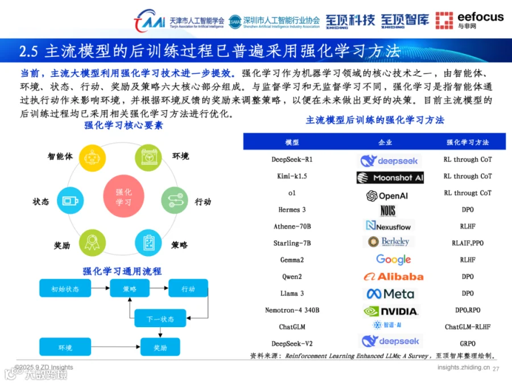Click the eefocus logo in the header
click(469, 20)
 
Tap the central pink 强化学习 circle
click(123, 197)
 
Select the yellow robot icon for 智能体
click(92, 158)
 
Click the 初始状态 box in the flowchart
click(65, 288)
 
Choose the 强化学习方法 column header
click(468, 142)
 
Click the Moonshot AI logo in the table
click(390, 177)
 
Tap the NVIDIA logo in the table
click(391, 311)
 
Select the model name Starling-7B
click(292, 243)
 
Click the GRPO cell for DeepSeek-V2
click(468, 344)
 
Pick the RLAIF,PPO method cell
click(468, 243)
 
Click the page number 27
click(496, 369)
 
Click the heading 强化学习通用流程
click(122, 271)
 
